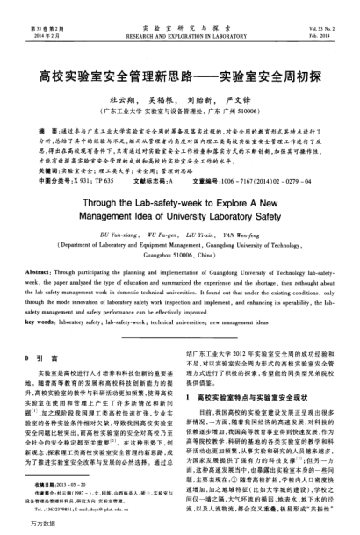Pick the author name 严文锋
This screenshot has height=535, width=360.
coord(242,99)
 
